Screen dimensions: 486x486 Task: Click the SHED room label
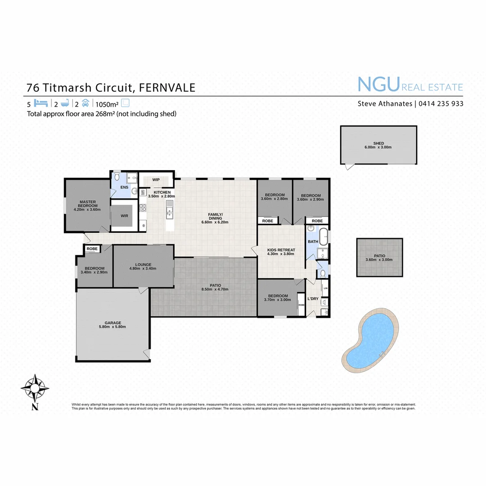click(378, 144)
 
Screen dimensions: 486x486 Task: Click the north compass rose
click(35, 387)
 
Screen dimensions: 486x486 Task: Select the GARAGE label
click(112, 323)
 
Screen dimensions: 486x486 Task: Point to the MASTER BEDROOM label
click(87, 204)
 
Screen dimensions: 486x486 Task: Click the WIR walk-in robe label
click(125, 216)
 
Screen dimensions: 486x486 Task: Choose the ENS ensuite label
click(124, 187)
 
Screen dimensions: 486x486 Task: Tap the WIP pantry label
click(156, 180)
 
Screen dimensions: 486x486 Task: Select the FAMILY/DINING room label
click(216, 216)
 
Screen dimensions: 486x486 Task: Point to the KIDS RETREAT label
click(281, 250)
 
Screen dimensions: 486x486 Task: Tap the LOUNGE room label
click(143, 265)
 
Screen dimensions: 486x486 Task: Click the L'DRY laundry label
click(313, 299)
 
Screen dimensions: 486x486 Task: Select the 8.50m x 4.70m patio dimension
click(216, 289)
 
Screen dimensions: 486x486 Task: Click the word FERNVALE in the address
click(167, 87)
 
